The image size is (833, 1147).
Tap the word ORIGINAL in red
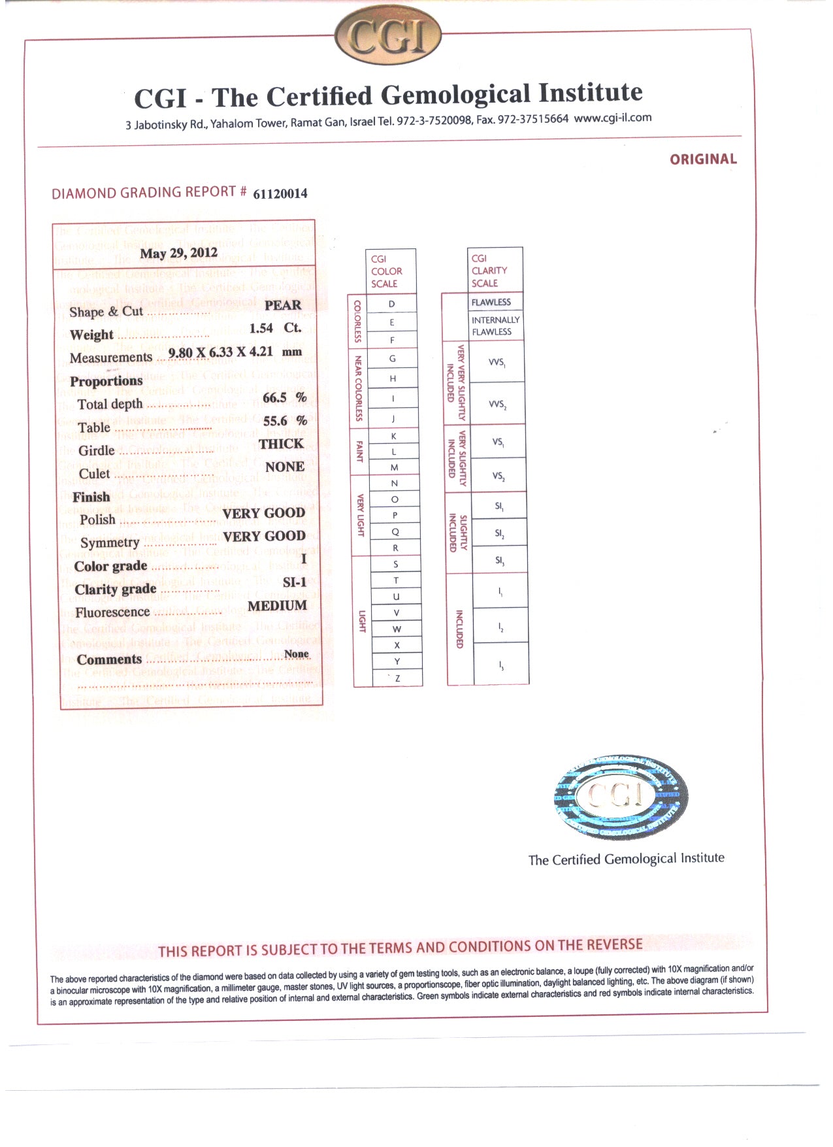[703, 159]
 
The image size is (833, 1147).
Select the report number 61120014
[280, 193]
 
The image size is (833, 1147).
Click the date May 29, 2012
[178, 254]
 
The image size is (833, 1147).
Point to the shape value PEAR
[283, 305]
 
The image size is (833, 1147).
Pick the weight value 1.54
[261, 328]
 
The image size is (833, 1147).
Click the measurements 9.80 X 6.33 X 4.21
[220, 353]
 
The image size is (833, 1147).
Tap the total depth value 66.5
[274, 397]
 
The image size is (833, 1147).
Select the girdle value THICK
[281, 444]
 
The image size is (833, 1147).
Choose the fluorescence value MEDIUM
[277, 606]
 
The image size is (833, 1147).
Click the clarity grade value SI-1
[294, 582]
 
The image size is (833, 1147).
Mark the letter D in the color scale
[392, 304]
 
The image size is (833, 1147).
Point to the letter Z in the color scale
[397, 678]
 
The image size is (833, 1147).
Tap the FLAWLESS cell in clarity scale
[491, 302]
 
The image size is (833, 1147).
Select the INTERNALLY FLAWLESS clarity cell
[495, 325]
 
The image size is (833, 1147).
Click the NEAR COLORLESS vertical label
[358, 388]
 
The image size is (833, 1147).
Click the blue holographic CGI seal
[620, 797]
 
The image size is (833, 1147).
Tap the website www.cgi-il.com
[612, 118]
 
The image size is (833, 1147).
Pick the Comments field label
[109, 659]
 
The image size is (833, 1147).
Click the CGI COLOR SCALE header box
[390, 271]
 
